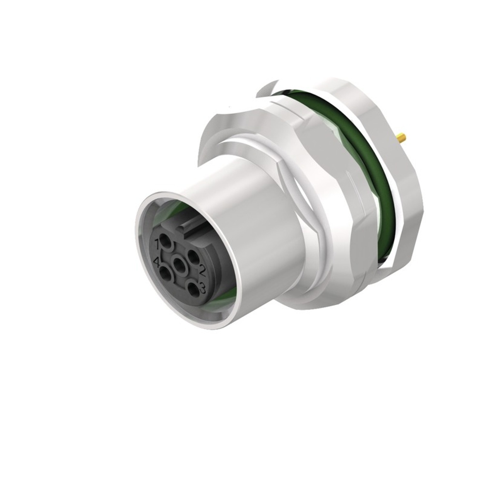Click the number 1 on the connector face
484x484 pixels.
coord(156,242)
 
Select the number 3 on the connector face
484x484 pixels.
coord(202,289)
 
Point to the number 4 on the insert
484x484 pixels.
coord(156,263)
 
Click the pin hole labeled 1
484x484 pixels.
coord(166,241)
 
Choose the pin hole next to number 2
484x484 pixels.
coord(193,257)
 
